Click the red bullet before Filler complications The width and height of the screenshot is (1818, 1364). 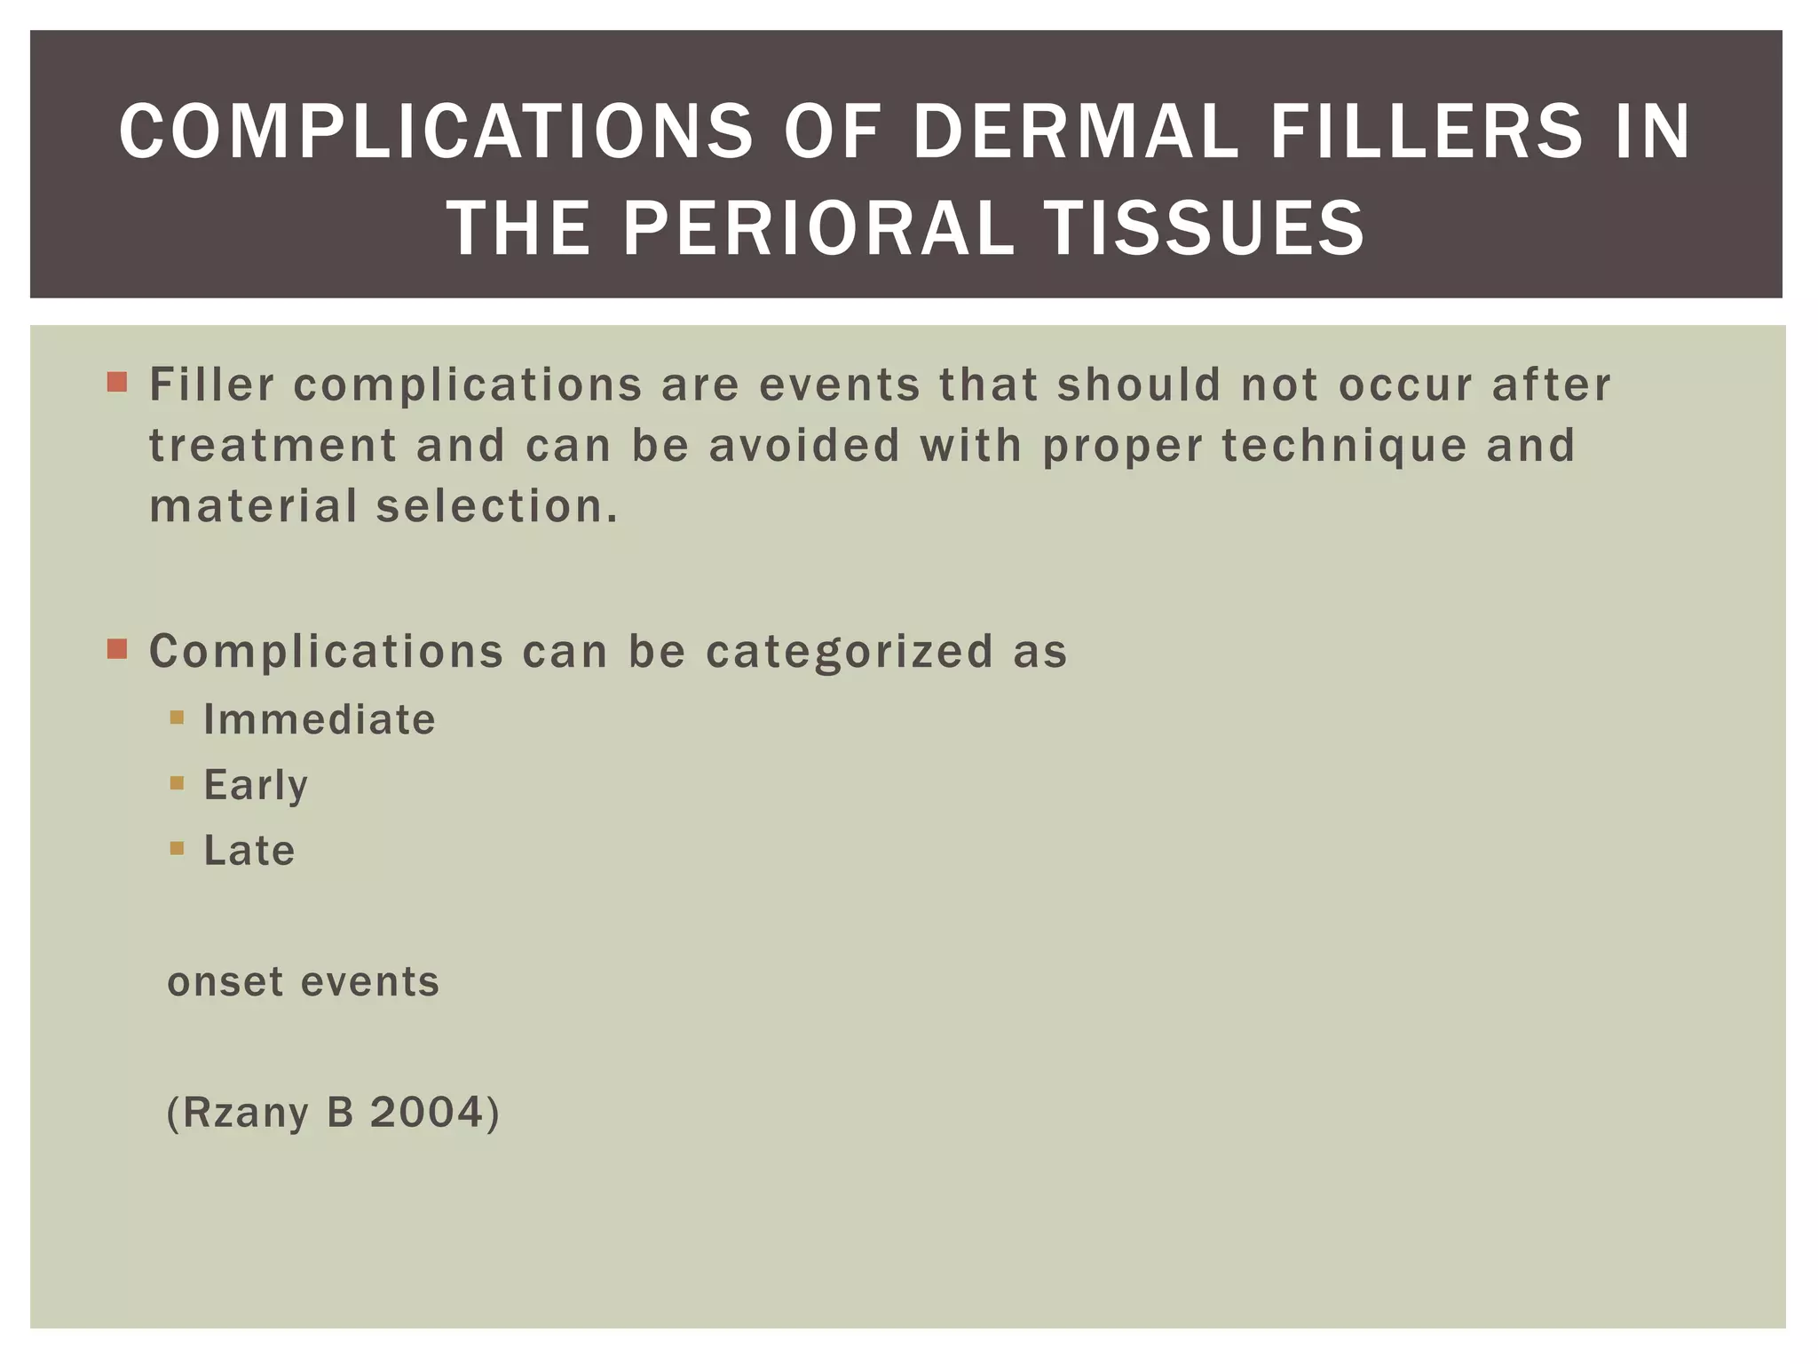117,383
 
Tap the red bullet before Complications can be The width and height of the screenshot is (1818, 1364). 117,649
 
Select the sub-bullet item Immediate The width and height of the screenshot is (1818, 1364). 320,719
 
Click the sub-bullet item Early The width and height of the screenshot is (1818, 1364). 256,785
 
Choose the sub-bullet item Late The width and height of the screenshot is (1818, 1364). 249,851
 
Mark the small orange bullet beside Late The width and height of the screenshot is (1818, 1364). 177,848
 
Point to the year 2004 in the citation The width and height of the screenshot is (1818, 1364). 427,1113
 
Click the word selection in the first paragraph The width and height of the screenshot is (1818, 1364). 495,506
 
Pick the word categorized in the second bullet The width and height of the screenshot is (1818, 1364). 850,651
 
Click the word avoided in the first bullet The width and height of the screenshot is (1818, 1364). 804,446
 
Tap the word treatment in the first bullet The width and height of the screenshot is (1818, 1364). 273,446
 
